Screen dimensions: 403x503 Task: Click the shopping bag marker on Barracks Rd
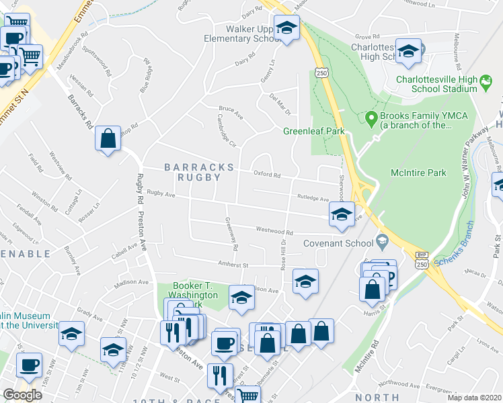108,139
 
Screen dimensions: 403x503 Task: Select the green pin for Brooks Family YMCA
370,119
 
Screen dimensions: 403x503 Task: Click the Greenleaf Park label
313,131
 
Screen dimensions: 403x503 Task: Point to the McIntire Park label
418,173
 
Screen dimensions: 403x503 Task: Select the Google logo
22,395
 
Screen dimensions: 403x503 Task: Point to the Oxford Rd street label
266,174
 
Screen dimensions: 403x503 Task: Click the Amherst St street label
232,264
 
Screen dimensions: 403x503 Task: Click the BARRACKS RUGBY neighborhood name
199,172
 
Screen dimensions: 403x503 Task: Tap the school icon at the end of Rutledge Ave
341,215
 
